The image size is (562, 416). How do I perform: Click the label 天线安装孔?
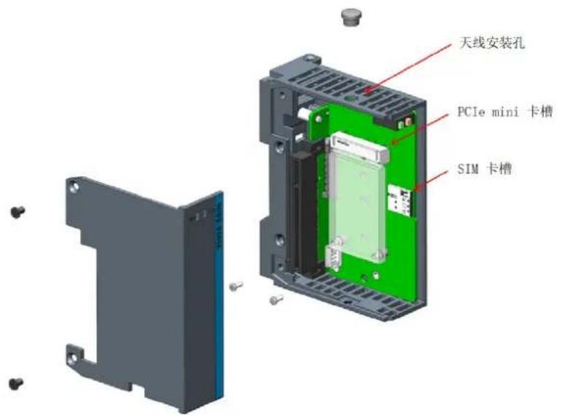click(x=492, y=43)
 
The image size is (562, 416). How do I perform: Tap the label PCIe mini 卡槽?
click(x=504, y=112)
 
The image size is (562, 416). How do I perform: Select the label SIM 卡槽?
click(x=484, y=168)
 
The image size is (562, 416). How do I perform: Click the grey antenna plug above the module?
click(x=350, y=17)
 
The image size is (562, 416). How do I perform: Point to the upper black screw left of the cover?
click(x=18, y=212)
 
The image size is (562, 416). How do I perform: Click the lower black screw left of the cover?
click(x=16, y=383)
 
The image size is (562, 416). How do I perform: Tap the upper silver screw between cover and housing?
click(x=236, y=285)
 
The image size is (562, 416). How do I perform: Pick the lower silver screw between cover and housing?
click(x=276, y=299)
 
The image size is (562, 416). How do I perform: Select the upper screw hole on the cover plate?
click(x=74, y=187)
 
